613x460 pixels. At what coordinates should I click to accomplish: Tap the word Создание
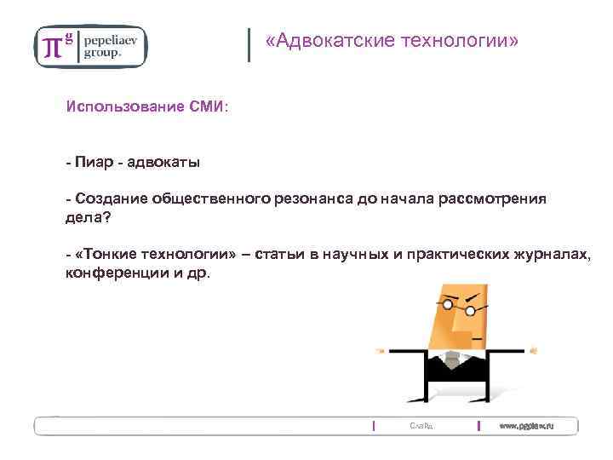click(111, 198)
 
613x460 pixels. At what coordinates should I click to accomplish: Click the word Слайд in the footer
click(421, 425)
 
